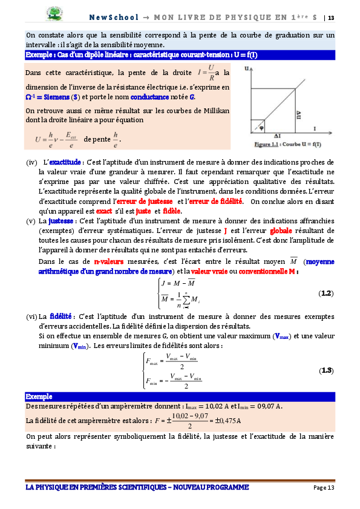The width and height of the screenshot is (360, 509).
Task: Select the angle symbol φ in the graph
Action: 261,128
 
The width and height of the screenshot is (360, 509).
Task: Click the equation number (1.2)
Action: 326,293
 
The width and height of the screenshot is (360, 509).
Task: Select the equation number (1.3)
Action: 326,370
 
